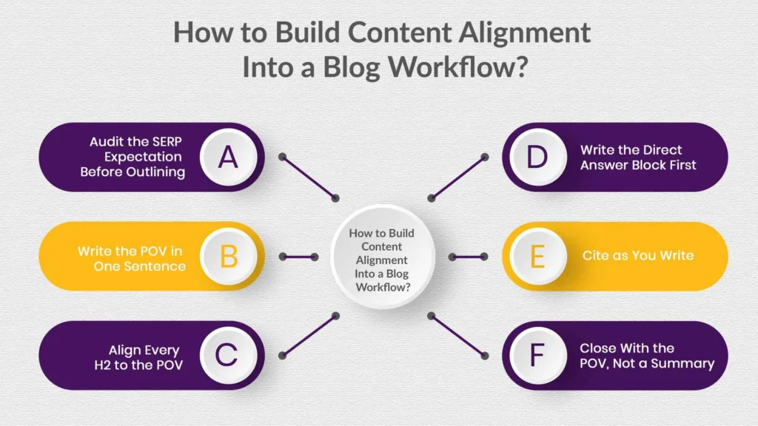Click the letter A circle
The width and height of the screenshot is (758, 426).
coord(229,157)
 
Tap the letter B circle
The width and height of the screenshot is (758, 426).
coord(229,257)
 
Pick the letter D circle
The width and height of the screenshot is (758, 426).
coord(537,157)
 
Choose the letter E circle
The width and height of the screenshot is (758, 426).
coord(537,257)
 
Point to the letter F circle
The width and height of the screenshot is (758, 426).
coord(537,356)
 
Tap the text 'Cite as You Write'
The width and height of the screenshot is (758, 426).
coord(637,256)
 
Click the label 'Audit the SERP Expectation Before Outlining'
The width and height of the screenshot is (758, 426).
coord(135,157)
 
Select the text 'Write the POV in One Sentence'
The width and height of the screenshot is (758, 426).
coord(131,258)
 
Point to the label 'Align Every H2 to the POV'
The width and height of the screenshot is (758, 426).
coord(144,356)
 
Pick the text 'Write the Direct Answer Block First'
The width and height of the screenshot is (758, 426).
coord(638,158)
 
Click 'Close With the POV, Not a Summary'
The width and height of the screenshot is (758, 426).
coord(646,356)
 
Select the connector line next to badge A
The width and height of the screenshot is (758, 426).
coord(309,177)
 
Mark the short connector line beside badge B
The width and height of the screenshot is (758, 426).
coord(298,257)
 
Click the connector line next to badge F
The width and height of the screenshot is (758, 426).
coord(457,336)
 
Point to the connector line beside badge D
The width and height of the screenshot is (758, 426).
coord(457,177)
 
